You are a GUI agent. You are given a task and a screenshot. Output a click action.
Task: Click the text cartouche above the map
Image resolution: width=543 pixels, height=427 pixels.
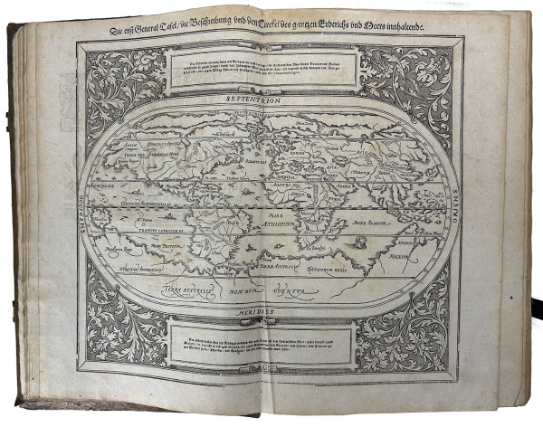262,65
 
